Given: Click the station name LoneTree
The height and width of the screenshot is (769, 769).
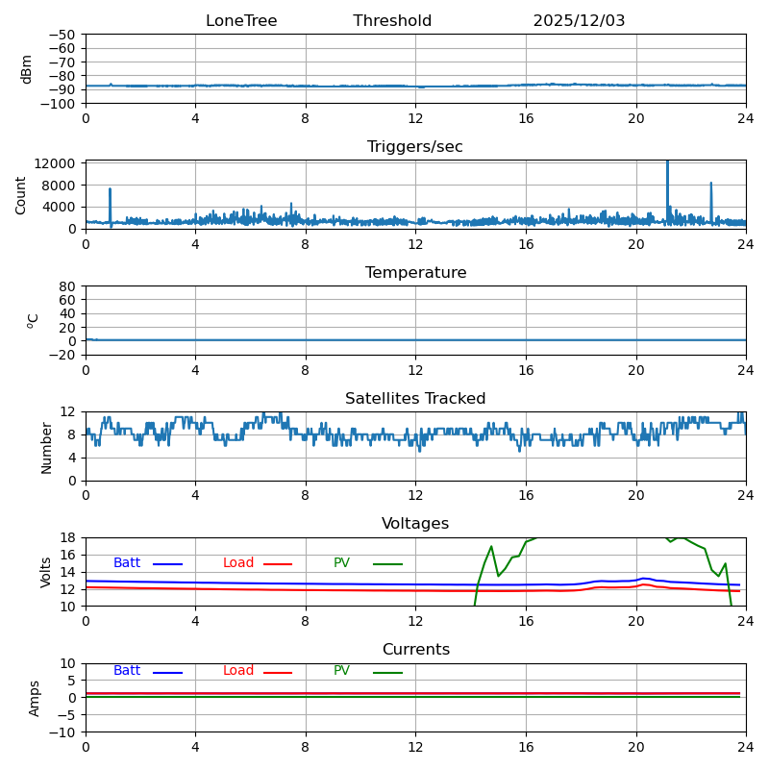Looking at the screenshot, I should tap(241, 21).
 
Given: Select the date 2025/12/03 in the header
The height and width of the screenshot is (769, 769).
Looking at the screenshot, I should tap(579, 21).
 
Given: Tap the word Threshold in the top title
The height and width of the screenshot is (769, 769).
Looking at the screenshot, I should tap(392, 21).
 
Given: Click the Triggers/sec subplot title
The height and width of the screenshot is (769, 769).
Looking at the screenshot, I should tap(415, 147).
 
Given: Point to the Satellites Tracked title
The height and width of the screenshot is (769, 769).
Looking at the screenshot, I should tap(415, 399).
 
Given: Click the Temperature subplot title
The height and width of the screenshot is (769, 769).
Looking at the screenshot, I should tap(415, 273).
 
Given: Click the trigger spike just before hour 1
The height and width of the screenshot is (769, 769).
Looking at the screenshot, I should tap(111, 190).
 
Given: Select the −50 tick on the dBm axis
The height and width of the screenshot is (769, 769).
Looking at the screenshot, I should tap(62, 35).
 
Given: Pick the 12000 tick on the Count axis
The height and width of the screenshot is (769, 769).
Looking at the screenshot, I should tap(58, 164).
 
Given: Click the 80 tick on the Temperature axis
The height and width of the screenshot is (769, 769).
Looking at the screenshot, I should tap(68, 286).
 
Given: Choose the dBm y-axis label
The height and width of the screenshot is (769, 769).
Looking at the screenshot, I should tap(27, 68).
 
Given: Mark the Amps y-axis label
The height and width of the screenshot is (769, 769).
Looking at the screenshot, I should tap(35, 698).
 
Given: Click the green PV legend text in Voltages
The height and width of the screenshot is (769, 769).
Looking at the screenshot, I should tap(341, 563).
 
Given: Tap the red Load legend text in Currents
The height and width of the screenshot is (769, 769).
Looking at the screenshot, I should tap(238, 671).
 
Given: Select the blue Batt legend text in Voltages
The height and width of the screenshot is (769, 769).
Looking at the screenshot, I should tap(127, 563).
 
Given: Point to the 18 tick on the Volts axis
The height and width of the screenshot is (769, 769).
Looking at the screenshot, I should tap(68, 538).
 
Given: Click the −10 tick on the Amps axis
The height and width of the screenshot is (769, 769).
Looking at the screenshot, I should tap(62, 732).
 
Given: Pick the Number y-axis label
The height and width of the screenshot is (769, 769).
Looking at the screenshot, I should tap(46, 447).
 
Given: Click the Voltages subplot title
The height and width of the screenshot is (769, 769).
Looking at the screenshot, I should tap(415, 524).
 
